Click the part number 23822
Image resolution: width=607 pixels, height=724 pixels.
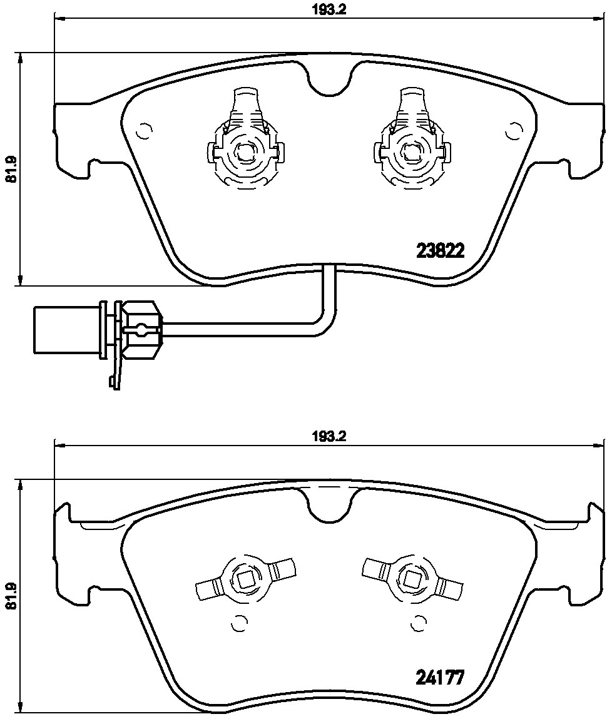(440, 251)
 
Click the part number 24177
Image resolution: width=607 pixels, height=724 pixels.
(440, 678)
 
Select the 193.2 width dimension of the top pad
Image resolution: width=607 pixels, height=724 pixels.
(329, 9)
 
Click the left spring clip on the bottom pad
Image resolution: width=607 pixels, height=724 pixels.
(245, 576)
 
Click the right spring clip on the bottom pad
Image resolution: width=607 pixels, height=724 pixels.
(412, 576)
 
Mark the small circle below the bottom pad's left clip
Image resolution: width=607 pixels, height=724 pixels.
(238, 624)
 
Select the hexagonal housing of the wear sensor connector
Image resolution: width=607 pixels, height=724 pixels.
(141, 329)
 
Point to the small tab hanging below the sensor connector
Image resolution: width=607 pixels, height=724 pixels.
(115, 379)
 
